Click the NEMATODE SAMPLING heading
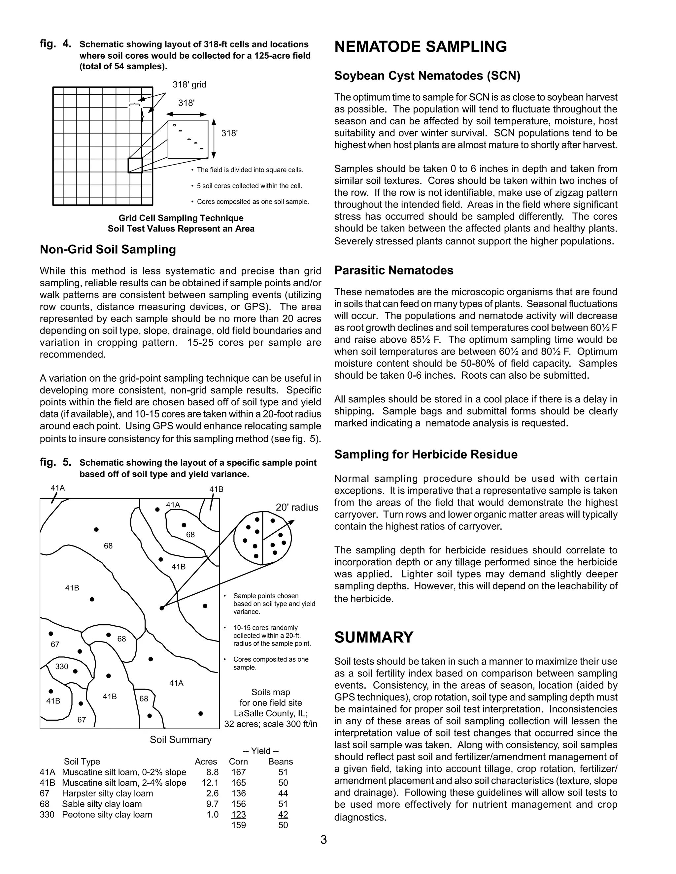pyautogui.click(x=421, y=47)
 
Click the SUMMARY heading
pyautogui.click(x=374, y=638)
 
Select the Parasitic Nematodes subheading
pyautogui.click(x=394, y=270)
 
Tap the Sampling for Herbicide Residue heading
pyautogui.click(x=426, y=454)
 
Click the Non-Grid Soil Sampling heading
pyautogui.click(x=108, y=250)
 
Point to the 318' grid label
pyautogui.click(x=189, y=85)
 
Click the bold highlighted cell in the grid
pyautogui.click(x=135, y=166)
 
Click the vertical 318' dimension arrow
pyautogui.click(x=214, y=139)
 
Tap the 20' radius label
pyautogui.click(x=297, y=508)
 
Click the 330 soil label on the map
pyautogui.click(x=62, y=666)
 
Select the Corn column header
pyautogui.click(x=238, y=762)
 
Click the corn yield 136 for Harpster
pyautogui.click(x=238, y=793)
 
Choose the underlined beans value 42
pyautogui.click(x=283, y=814)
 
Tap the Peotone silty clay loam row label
pyautogui.click(x=107, y=814)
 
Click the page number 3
pyautogui.click(x=323, y=840)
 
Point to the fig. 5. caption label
pyautogui.click(x=56, y=463)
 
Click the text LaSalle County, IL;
pyautogui.click(x=271, y=713)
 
